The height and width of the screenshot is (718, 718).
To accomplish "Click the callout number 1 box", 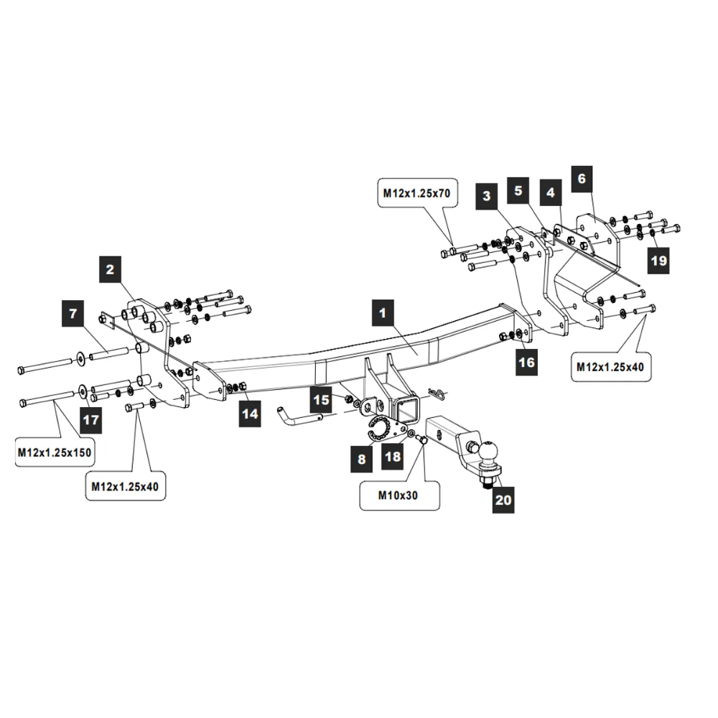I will [383, 313].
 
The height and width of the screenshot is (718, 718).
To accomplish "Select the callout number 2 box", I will [109, 270].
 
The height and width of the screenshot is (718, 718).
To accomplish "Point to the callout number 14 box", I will [249, 413].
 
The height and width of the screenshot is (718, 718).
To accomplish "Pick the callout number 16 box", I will [526, 363].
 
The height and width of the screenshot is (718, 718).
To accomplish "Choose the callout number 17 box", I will [91, 419].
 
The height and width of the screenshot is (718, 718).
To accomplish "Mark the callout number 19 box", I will [658, 261].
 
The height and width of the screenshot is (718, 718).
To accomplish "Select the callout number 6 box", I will [582, 178].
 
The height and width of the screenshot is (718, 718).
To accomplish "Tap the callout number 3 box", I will [487, 195].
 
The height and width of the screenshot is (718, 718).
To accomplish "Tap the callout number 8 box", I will [361, 458].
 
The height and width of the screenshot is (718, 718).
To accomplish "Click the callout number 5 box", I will [518, 192].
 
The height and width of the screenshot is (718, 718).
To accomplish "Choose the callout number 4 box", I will [550, 192].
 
